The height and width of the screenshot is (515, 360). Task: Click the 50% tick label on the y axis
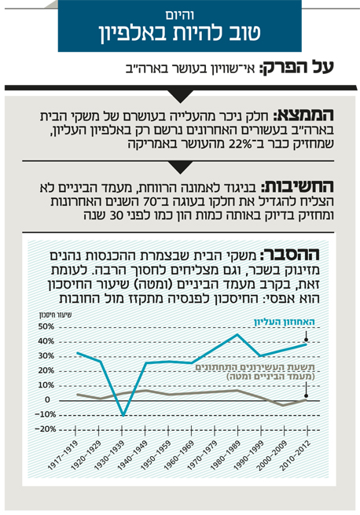tap(46, 326)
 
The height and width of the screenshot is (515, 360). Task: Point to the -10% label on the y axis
tap(45, 414)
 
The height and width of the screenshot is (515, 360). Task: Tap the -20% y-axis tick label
tap(45, 429)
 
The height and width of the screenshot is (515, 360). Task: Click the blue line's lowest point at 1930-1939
tap(123, 415)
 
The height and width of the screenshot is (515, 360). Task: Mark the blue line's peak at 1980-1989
tap(237, 334)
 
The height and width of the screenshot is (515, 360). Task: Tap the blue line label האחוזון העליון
tap(285, 322)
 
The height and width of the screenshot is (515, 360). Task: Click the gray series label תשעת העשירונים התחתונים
tap(255, 367)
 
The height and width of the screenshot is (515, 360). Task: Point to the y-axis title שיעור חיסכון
tap(56, 315)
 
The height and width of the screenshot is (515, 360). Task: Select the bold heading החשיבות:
tap(297, 186)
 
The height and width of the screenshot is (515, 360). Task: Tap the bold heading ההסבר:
tap(290, 254)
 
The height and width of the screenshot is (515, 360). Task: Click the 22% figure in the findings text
tap(237, 145)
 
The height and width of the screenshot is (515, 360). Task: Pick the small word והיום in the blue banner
tap(179, 16)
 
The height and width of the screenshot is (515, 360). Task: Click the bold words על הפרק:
tap(296, 68)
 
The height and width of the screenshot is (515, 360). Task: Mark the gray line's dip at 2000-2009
tap(283, 405)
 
